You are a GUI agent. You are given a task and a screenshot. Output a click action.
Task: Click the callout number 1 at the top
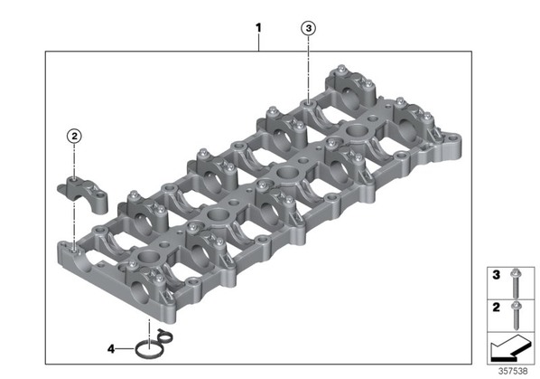pyautogui.click(x=258, y=28)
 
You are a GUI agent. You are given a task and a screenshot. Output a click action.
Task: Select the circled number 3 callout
pyautogui.click(x=308, y=28)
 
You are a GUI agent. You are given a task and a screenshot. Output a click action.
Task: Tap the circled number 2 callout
pyautogui.click(x=74, y=137)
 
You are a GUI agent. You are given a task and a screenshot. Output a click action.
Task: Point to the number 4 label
pyautogui.click(x=111, y=349)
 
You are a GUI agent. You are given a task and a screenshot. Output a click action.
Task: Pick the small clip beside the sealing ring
pyautogui.click(x=165, y=336)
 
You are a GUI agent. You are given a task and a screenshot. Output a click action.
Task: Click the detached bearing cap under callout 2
pyautogui.click(x=83, y=194)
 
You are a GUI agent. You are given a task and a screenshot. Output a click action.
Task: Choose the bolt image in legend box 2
pyautogui.click(x=516, y=315)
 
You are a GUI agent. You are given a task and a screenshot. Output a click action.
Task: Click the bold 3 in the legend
pyautogui.click(x=496, y=275)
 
